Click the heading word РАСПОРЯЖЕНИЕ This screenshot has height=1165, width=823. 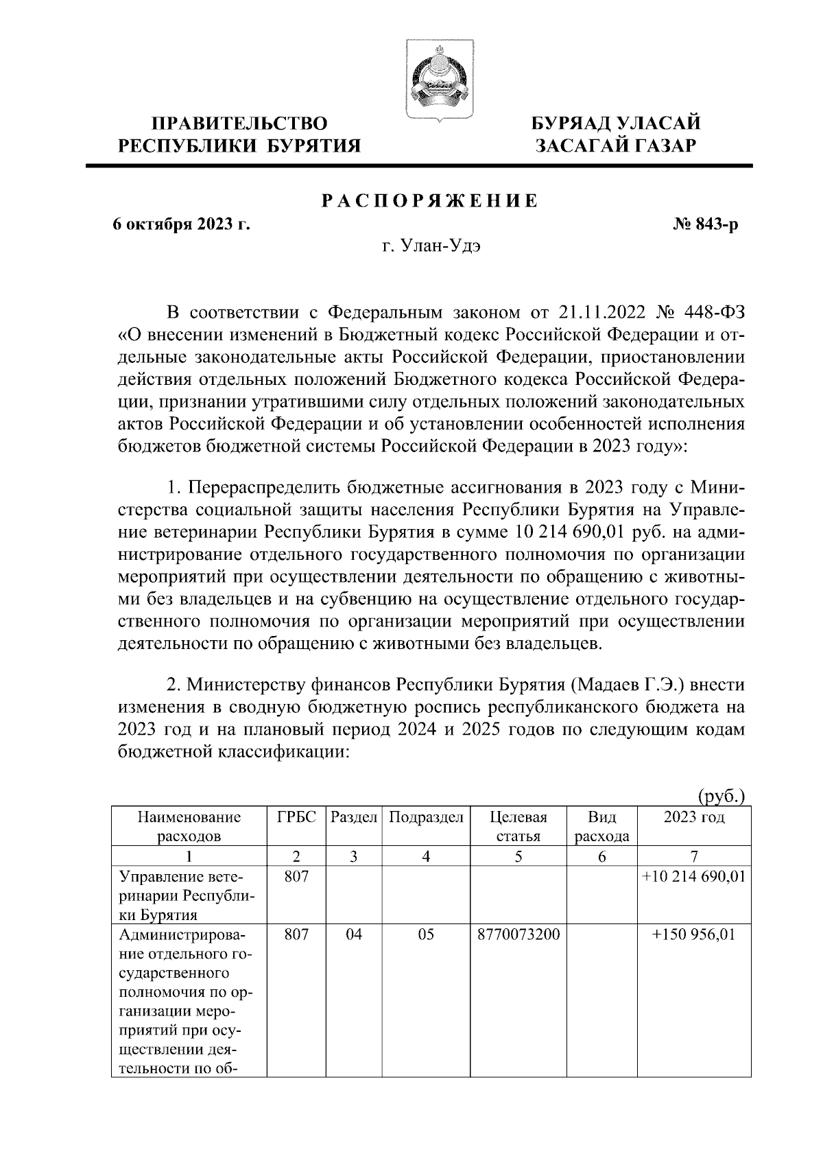430,201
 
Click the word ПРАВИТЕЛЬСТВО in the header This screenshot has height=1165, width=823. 239,124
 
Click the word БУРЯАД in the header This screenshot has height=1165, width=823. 573,124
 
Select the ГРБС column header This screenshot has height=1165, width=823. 296,817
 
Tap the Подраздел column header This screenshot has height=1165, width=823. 426,817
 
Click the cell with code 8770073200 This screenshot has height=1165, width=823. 518,934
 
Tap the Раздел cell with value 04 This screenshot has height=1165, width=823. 354,934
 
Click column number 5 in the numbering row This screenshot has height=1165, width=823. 518,856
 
